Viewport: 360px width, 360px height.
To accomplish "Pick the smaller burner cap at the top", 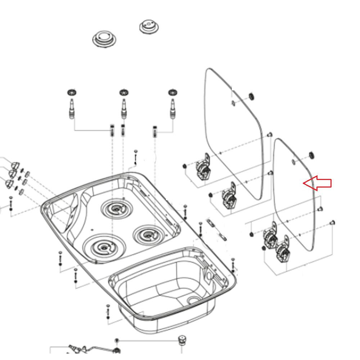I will pyautogui.click(x=149, y=26).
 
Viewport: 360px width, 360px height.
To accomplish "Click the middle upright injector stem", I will pyautogui.click(x=124, y=108).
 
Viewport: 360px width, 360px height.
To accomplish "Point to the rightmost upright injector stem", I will pyautogui.click(x=173, y=108).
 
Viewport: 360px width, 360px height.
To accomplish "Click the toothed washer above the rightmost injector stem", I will pyautogui.click(x=173, y=92).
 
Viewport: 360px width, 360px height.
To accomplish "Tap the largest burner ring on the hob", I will pyautogui.click(x=104, y=247).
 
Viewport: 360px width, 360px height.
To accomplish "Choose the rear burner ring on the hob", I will pyautogui.click(x=116, y=208).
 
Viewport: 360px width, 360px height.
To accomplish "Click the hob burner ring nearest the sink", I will pyautogui.click(x=148, y=235).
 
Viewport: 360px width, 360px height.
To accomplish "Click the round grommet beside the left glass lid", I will pyautogui.click(x=251, y=96).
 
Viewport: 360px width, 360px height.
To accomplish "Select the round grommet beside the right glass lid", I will pyautogui.click(x=312, y=155).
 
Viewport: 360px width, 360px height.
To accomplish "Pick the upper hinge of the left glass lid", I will pyautogui.click(x=203, y=167).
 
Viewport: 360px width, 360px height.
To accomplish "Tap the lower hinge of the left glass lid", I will pyautogui.click(x=229, y=195).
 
